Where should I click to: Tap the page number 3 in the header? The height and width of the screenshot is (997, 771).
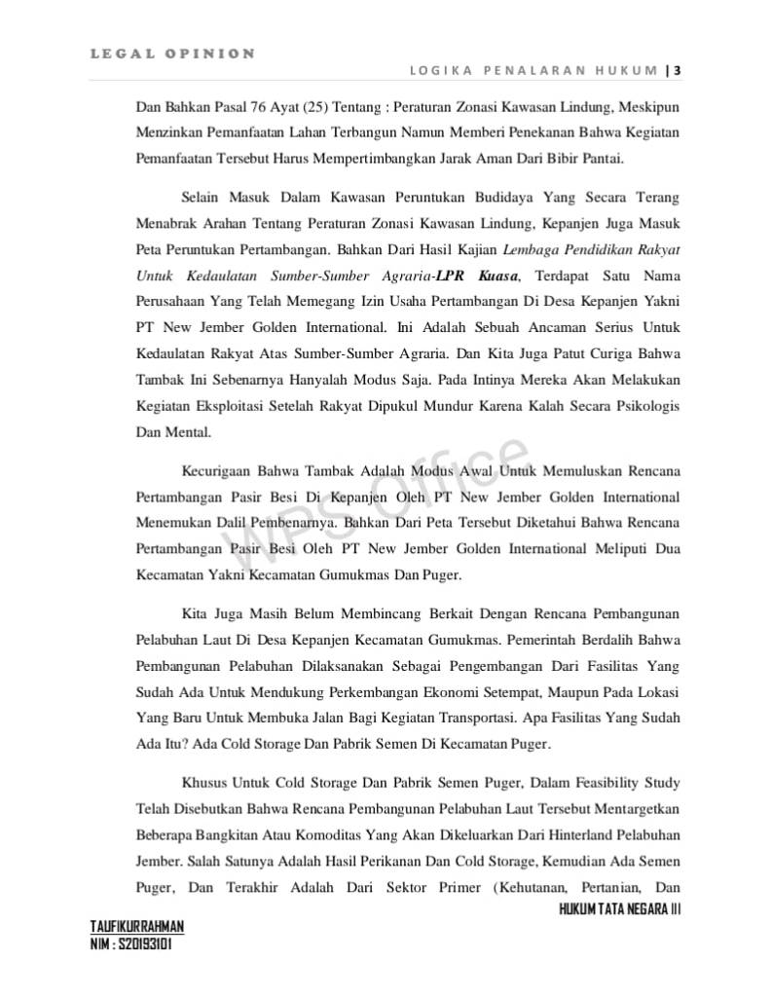[x=677, y=70]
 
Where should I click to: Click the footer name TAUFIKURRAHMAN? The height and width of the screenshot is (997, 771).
[x=136, y=927]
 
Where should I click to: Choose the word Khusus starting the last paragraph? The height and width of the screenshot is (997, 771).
[x=202, y=782]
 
